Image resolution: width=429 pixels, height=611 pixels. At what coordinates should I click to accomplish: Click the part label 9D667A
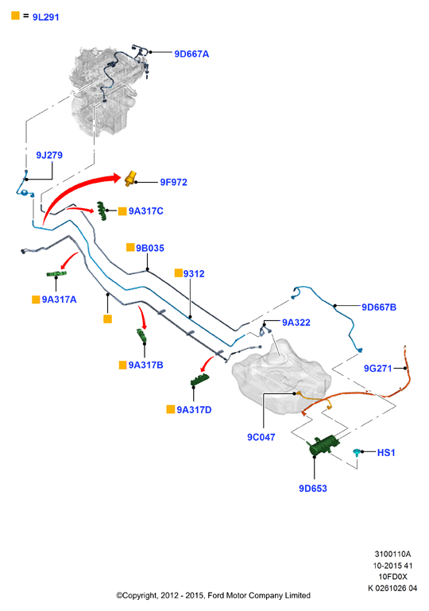pos(191,54)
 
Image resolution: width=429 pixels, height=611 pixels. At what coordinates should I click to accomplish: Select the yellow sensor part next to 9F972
pos(130,179)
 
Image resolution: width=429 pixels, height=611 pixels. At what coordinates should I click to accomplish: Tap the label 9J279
pos(49,155)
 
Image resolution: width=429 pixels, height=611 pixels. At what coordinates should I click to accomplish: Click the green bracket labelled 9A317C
pos(102,211)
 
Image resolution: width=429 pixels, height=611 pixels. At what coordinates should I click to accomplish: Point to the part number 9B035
pos(150,248)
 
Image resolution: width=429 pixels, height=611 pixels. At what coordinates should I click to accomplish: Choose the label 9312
pos(194,273)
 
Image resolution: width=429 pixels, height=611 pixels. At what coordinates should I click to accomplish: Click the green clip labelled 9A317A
pos(56,273)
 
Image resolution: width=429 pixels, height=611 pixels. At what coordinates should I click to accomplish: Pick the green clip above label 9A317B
pos(141,337)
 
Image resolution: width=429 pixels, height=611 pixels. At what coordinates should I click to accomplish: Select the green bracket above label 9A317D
pos(199,380)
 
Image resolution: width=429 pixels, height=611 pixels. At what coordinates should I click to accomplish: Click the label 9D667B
pos(379,307)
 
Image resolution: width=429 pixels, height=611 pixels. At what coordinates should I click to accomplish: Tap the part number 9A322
pos(296,323)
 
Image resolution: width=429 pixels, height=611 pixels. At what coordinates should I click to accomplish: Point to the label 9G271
pos(377,368)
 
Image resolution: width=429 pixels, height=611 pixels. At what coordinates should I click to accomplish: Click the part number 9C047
pos(261,437)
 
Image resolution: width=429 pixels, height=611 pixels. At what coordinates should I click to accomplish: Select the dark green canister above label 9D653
pos(323,445)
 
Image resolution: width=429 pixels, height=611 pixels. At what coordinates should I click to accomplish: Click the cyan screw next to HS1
pos(356,452)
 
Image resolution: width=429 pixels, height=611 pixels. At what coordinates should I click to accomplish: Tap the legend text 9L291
pos(45,17)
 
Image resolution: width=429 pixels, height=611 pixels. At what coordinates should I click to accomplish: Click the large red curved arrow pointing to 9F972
pos(74,188)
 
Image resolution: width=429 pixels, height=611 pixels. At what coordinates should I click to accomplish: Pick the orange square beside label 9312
pos(179,273)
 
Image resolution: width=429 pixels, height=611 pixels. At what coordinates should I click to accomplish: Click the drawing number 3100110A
pos(392,554)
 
